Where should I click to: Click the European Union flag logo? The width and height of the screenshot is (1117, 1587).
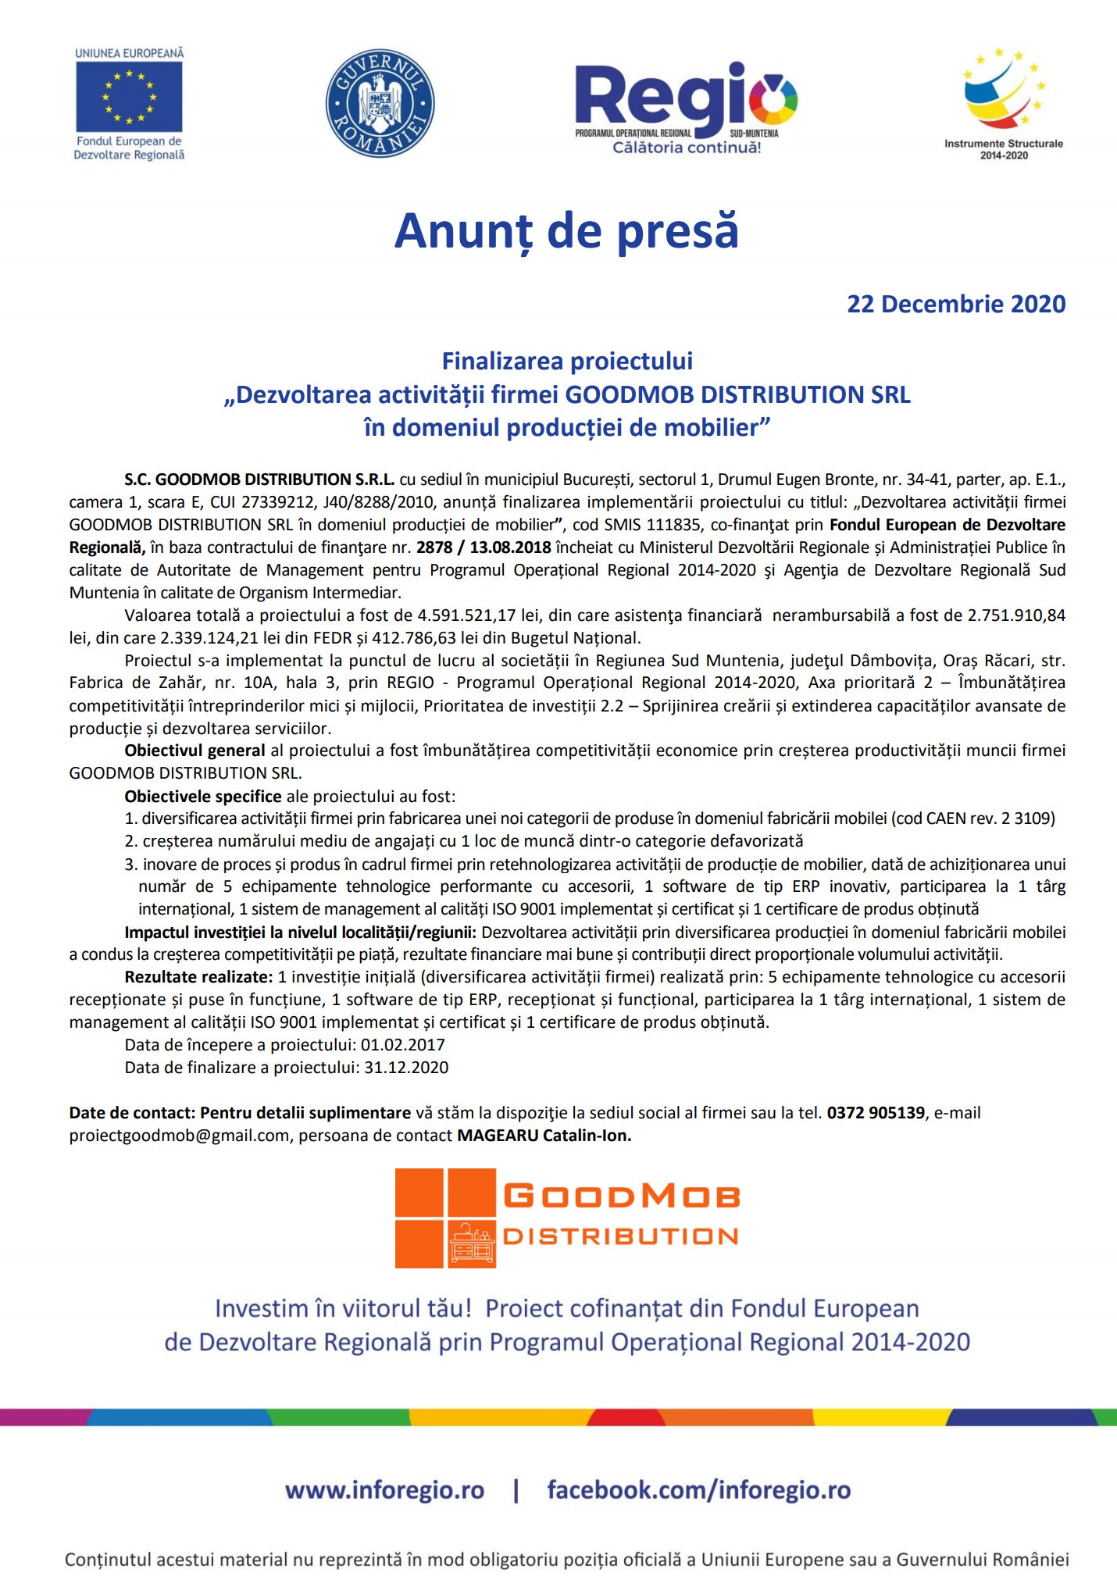tap(129, 97)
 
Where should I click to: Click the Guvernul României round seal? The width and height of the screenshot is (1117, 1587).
tap(380, 104)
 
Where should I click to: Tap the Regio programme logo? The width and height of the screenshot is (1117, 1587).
tap(686, 108)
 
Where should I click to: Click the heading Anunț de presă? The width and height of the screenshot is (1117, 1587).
tap(566, 231)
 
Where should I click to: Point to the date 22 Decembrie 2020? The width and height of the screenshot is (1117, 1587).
tap(956, 304)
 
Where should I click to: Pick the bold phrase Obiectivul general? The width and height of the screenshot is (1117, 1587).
tap(194, 751)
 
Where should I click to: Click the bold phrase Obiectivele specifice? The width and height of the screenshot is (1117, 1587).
tap(203, 797)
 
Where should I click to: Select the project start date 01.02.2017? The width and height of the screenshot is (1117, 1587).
tap(403, 1045)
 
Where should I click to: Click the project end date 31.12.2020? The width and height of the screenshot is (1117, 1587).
tap(406, 1068)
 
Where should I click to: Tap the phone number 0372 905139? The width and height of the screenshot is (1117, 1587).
tap(876, 1113)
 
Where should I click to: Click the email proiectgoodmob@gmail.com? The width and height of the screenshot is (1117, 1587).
tap(179, 1136)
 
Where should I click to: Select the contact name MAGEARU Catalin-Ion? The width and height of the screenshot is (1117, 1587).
tap(544, 1136)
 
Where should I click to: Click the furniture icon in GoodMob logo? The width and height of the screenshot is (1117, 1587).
tap(473, 1243)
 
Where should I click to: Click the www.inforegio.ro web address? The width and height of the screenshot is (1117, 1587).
tap(384, 1490)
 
